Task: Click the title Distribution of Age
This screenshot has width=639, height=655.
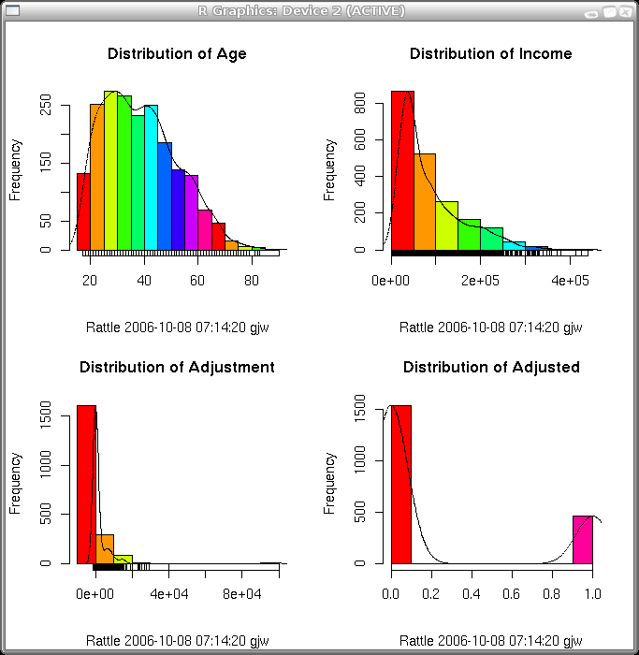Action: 177,53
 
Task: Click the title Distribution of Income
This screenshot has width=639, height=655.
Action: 490,53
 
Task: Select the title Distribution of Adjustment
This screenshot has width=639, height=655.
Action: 177,367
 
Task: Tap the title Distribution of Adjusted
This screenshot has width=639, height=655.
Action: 491,367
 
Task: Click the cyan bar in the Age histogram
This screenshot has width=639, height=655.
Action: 151,178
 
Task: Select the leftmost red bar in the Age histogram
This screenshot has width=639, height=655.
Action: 83,211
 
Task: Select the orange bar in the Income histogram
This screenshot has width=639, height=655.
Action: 425,202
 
